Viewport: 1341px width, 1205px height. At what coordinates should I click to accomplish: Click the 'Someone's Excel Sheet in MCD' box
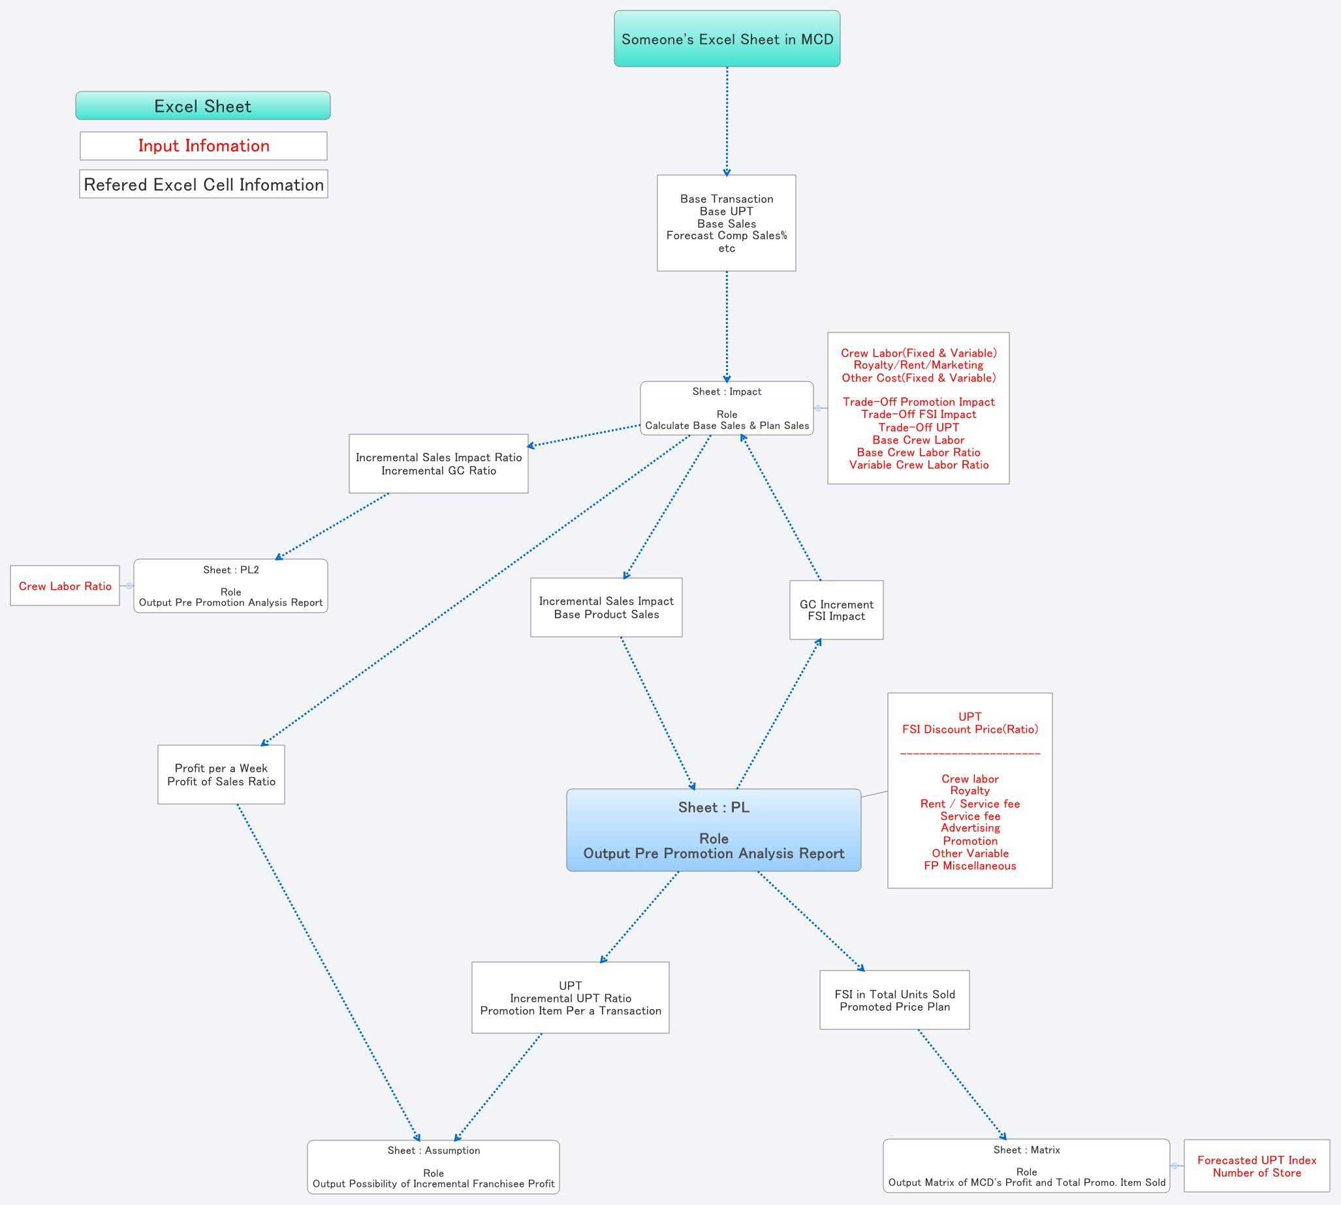coord(727,39)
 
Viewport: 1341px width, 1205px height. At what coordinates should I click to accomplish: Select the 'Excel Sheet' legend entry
coord(202,106)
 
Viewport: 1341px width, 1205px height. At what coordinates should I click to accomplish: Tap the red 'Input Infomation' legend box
coord(203,146)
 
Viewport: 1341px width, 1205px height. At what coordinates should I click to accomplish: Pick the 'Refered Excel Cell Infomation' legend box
coord(203,184)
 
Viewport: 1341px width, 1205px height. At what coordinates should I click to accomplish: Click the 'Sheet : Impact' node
coord(726,408)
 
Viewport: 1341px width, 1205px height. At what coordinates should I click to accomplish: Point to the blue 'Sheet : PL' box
coord(713,829)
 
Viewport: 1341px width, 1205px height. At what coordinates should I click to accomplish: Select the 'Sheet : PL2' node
coord(230,585)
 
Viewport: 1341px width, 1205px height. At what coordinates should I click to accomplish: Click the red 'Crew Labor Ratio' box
coord(65,586)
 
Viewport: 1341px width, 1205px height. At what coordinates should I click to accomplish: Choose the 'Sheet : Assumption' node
coord(433,1166)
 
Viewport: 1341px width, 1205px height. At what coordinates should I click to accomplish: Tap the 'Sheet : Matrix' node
coord(1026,1165)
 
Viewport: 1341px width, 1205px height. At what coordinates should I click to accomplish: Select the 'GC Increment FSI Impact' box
coord(836,610)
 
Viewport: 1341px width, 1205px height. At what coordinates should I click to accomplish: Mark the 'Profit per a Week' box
coord(221,774)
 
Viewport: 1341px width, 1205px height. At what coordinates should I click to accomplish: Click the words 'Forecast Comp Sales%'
coord(726,236)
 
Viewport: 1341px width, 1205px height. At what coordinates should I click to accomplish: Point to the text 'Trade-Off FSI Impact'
coord(918,415)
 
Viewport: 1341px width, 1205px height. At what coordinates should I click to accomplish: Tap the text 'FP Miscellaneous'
coord(970,865)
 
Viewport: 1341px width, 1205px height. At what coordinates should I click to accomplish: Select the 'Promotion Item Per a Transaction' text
coord(570,1010)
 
